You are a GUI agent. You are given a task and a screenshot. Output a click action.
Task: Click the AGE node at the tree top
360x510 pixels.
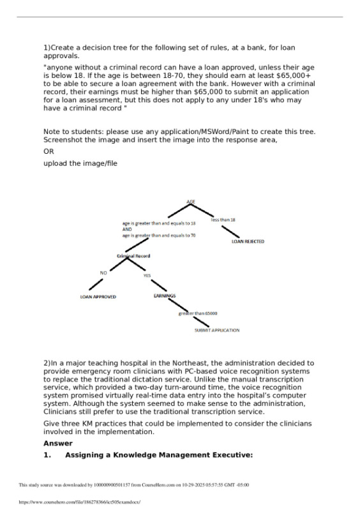coord(190,202)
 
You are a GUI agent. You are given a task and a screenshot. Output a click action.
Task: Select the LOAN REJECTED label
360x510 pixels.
coord(247,242)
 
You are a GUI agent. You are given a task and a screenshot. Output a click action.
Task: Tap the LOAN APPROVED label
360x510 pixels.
coord(98,297)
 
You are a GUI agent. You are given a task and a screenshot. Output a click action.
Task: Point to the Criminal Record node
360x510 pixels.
coord(133,256)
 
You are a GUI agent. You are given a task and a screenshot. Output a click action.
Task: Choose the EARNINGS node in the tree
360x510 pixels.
coord(165,296)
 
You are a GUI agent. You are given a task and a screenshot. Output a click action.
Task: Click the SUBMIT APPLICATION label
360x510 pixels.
coord(216,330)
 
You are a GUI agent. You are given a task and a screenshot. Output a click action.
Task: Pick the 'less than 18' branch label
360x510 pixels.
coord(223,220)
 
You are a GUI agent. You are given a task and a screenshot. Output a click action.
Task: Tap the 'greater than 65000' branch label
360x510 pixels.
coord(198,313)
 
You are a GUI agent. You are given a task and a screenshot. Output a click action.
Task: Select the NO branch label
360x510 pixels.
coord(103,273)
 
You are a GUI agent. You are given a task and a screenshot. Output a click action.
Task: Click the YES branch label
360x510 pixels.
coord(147,276)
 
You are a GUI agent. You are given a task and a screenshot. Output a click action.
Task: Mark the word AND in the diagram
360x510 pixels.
coord(126,229)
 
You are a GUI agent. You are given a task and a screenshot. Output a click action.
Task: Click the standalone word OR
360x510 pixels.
coord(49,152)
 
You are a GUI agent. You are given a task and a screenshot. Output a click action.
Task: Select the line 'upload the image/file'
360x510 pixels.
coord(80,163)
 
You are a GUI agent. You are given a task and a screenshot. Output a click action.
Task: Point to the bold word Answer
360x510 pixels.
coord(58,443)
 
